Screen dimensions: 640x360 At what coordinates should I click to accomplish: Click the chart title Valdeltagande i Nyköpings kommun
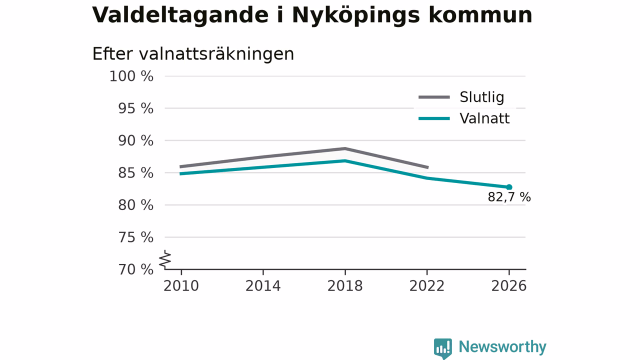click(x=312, y=15)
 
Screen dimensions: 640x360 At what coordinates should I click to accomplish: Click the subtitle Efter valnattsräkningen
click(x=193, y=54)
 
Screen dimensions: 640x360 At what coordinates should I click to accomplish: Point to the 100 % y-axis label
click(x=131, y=76)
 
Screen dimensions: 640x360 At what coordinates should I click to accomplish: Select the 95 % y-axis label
click(x=135, y=109)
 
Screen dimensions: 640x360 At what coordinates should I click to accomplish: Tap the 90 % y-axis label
click(x=135, y=141)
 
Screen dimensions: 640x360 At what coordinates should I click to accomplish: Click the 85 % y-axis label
click(x=135, y=173)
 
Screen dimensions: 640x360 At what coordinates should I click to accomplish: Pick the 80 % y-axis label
click(x=135, y=205)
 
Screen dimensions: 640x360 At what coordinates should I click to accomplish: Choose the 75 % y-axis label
click(x=135, y=237)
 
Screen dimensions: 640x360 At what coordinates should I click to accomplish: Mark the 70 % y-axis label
click(x=135, y=269)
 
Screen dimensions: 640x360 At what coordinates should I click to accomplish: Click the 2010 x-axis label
click(x=181, y=286)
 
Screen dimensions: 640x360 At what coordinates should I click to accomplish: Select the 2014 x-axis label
click(x=263, y=286)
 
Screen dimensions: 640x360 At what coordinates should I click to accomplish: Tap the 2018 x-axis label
click(x=345, y=286)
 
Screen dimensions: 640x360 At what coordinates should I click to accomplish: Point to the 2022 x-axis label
click(x=427, y=286)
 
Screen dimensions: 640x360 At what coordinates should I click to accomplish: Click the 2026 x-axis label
click(x=509, y=286)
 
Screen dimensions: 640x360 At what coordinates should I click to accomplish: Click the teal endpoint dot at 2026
click(x=509, y=187)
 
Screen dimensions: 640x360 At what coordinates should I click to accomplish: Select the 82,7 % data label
click(x=509, y=197)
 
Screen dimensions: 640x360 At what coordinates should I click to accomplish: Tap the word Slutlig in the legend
click(x=481, y=97)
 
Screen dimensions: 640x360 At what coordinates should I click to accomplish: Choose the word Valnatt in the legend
click(x=484, y=118)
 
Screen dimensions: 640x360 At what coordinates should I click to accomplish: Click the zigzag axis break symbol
click(x=165, y=259)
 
